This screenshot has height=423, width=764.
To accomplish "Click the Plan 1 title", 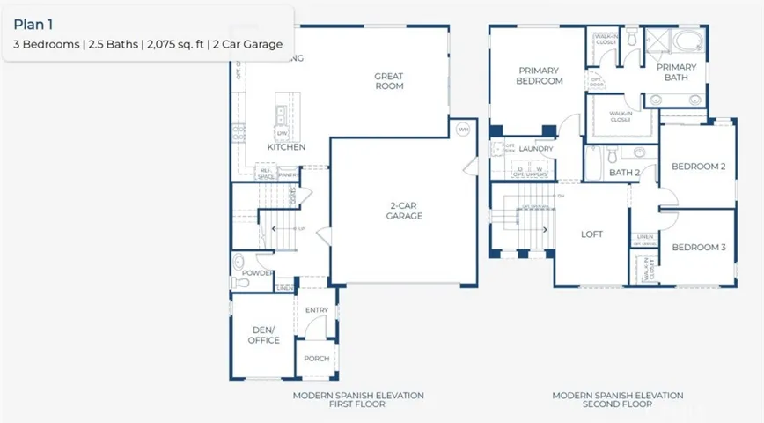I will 34,25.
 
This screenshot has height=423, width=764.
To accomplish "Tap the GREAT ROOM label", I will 388,81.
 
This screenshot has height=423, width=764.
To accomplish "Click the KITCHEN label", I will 286,147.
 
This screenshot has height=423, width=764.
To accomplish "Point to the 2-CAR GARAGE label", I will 406,211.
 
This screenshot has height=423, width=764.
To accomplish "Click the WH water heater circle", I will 463,130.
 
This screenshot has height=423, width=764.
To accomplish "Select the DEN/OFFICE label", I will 263,335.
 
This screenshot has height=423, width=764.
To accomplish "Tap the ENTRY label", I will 316,310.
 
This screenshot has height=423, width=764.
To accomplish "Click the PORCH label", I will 316,359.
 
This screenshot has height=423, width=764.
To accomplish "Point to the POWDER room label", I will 258,273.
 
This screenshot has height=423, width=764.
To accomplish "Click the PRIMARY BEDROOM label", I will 540,76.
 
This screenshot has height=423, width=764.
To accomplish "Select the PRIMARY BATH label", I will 676,72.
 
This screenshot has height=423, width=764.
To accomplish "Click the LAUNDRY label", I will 536,149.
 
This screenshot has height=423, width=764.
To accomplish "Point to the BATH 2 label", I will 624,173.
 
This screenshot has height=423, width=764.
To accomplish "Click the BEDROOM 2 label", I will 698,167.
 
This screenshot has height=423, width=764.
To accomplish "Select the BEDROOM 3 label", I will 698,248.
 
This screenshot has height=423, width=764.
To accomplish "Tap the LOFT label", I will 591,234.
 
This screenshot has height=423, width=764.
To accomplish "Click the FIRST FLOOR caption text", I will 358,404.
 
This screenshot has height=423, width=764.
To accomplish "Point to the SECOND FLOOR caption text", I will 617,404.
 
